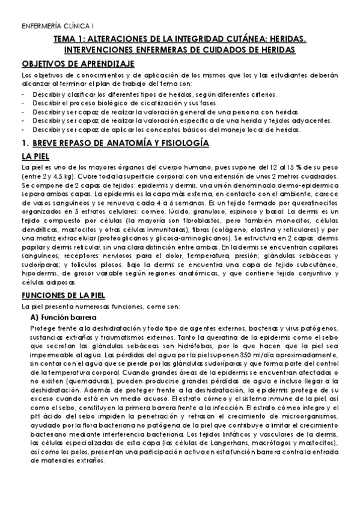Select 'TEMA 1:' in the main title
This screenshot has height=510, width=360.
[69, 39]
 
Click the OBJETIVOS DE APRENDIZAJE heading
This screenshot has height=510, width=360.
[78, 64]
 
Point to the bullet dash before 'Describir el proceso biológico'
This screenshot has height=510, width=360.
[22, 103]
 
